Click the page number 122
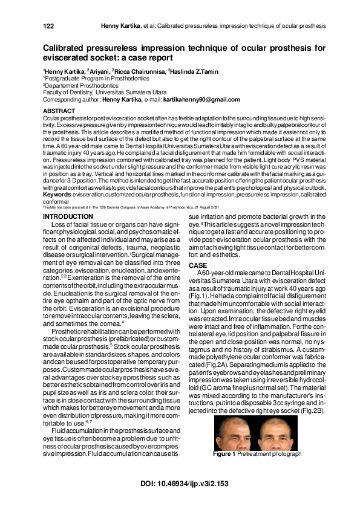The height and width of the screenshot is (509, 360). tap(49, 27)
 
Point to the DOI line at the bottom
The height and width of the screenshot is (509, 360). tap(180, 483)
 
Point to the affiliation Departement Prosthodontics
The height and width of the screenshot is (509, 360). tap(76, 86)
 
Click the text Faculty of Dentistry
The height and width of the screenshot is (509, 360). tap(67, 92)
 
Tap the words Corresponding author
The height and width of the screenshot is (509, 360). tap(67, 99)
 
